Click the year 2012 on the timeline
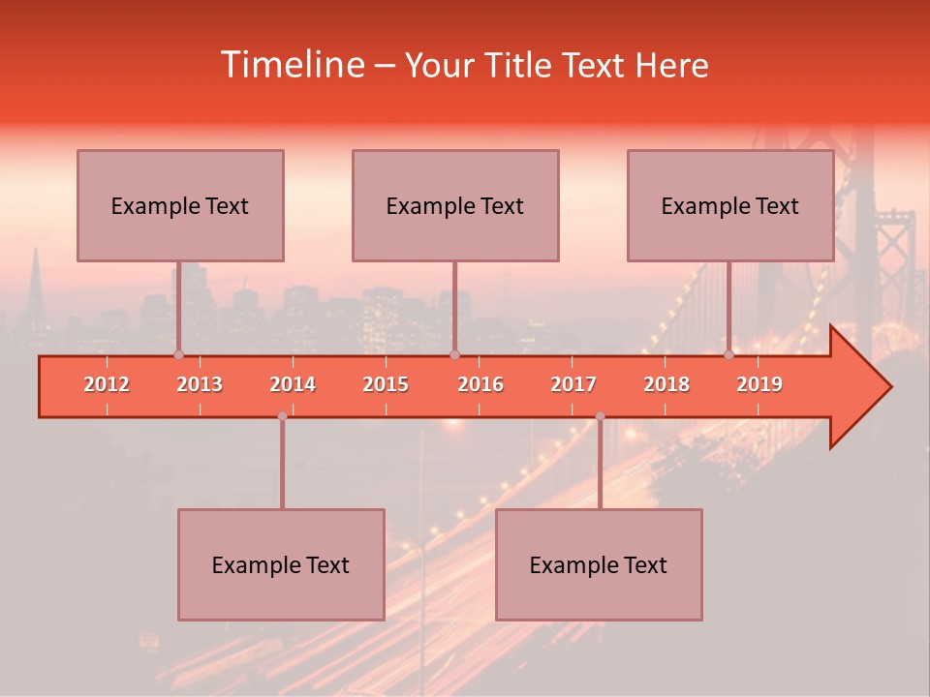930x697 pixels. click(x=107, y=384)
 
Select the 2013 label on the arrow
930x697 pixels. click(x=200, y=384)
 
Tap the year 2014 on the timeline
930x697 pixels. click(x=293, y=384)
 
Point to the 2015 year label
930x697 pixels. click(x=386, y=384)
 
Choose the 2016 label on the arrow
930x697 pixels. click(x=480, y=384)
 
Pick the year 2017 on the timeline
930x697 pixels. click(x=573, y=384)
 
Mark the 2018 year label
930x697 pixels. click(x=666, y=384)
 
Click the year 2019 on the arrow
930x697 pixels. click(x=759, y=384)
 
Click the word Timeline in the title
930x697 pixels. click(x=292, y=65)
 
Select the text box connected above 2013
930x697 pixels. click(x=180, y=205)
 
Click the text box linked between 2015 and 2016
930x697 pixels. click(x=455, y=205)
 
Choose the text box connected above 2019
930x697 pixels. click(x=730, y=205)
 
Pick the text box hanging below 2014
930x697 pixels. click(x=281, y=564)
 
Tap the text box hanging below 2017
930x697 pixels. click(x=599, y=564)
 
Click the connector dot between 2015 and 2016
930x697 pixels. click(x=454, y=354)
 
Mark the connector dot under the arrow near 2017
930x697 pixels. click(x=600, y=416)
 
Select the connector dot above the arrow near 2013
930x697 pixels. click(x=178, y=354)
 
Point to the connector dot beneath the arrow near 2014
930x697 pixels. click(x=282, y=416)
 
